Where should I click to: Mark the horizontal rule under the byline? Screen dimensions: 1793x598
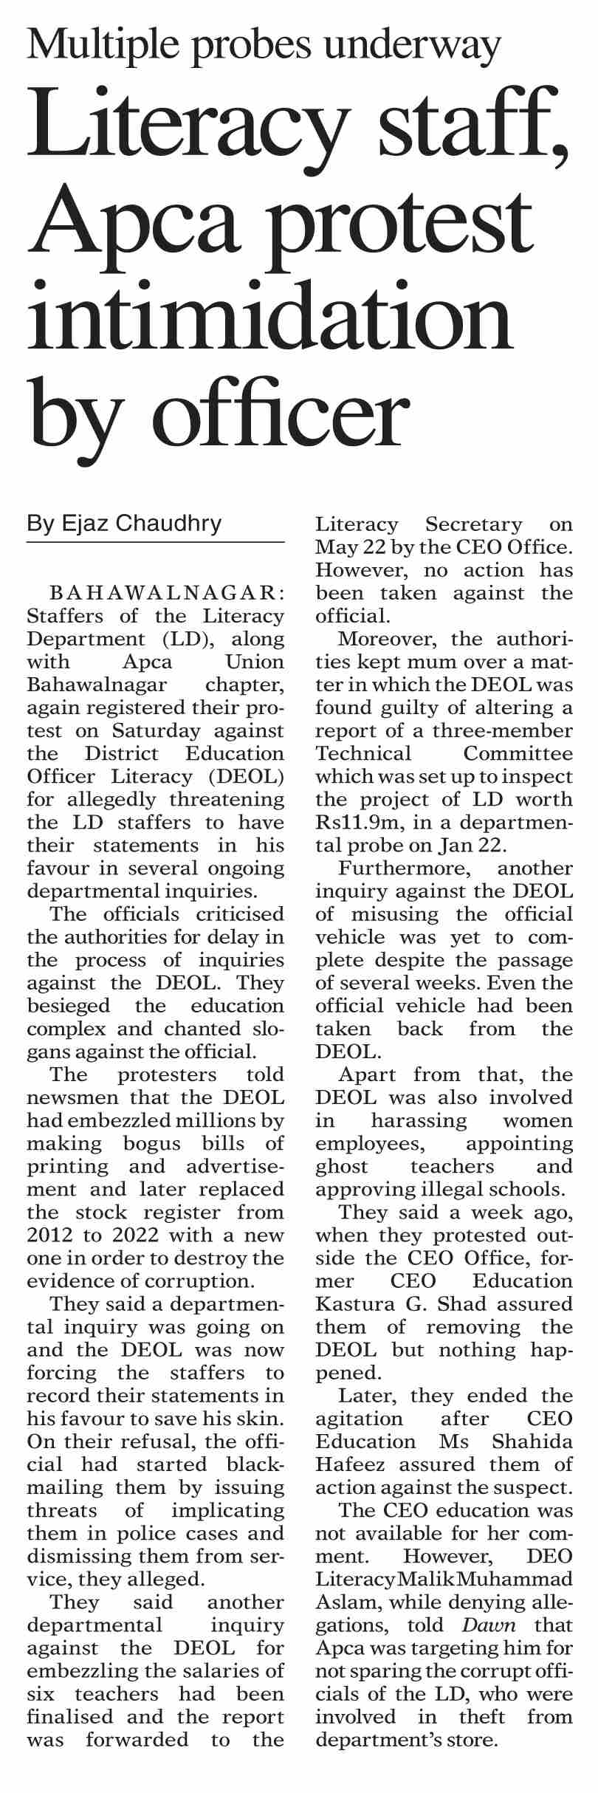pyautogui.click(x=155, y=542)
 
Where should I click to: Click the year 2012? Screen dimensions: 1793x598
pyautogui.click(x=49, y=1235)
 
